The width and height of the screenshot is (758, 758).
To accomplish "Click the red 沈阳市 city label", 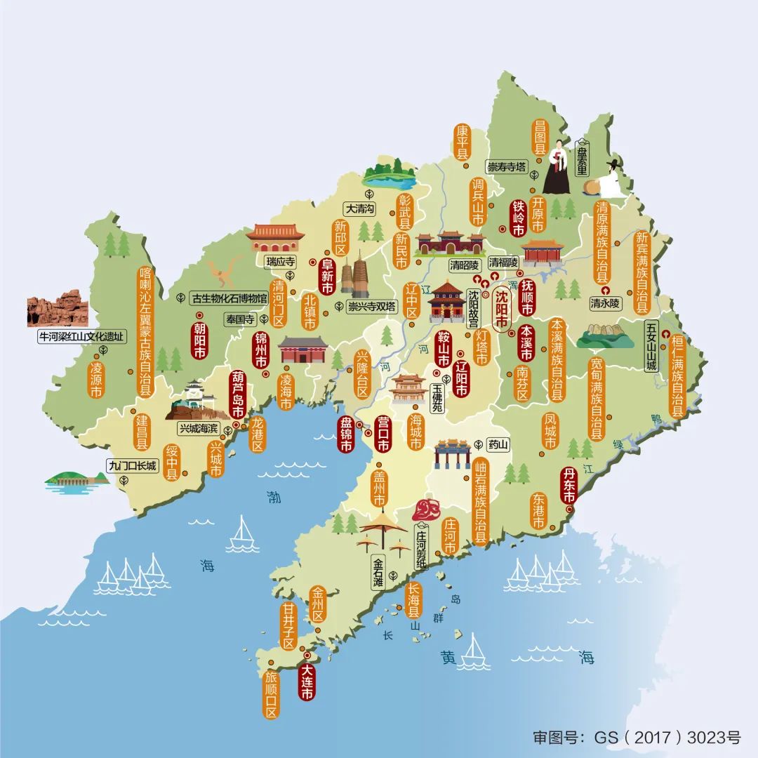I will pos(502,310).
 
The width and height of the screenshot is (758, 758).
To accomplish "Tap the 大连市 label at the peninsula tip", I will pos(307,677).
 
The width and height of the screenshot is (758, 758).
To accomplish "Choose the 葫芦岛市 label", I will pos(238,393).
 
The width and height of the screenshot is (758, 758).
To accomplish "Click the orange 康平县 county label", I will pos(462,142).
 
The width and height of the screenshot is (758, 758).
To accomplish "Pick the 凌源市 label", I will pos(96,379).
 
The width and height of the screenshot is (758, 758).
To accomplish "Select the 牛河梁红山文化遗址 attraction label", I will pos(83,337).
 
